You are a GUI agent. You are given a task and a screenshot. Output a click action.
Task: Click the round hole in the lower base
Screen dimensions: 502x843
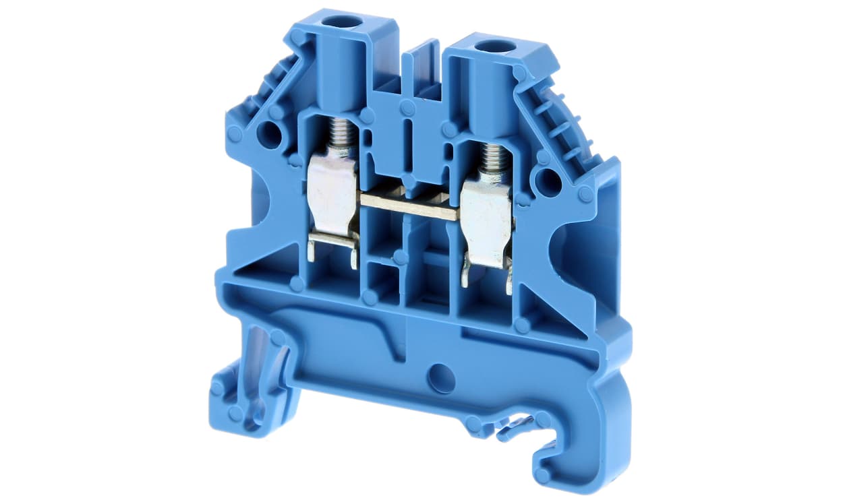(441, 378)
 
